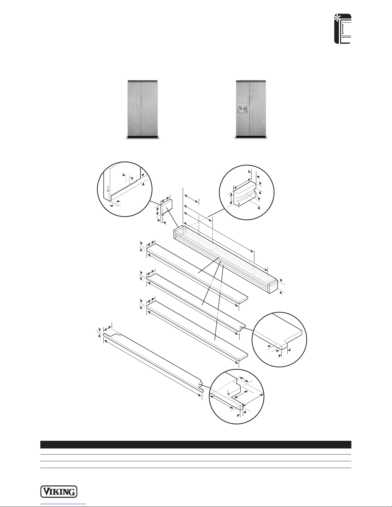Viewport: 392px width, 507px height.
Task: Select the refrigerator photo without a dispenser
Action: click(x=143, y=109)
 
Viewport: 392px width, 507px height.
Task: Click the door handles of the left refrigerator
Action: click(x=141, y=100)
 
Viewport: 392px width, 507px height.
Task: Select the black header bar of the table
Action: click(x=196, y=445)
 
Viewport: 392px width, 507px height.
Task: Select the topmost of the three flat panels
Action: click(x=197, y=273)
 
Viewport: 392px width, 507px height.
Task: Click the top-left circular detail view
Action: click(x=124, y=189)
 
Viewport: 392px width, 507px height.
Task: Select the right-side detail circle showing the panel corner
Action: click(x=279, y=339)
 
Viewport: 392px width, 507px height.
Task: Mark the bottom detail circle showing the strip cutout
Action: click(x=236, y=397)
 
